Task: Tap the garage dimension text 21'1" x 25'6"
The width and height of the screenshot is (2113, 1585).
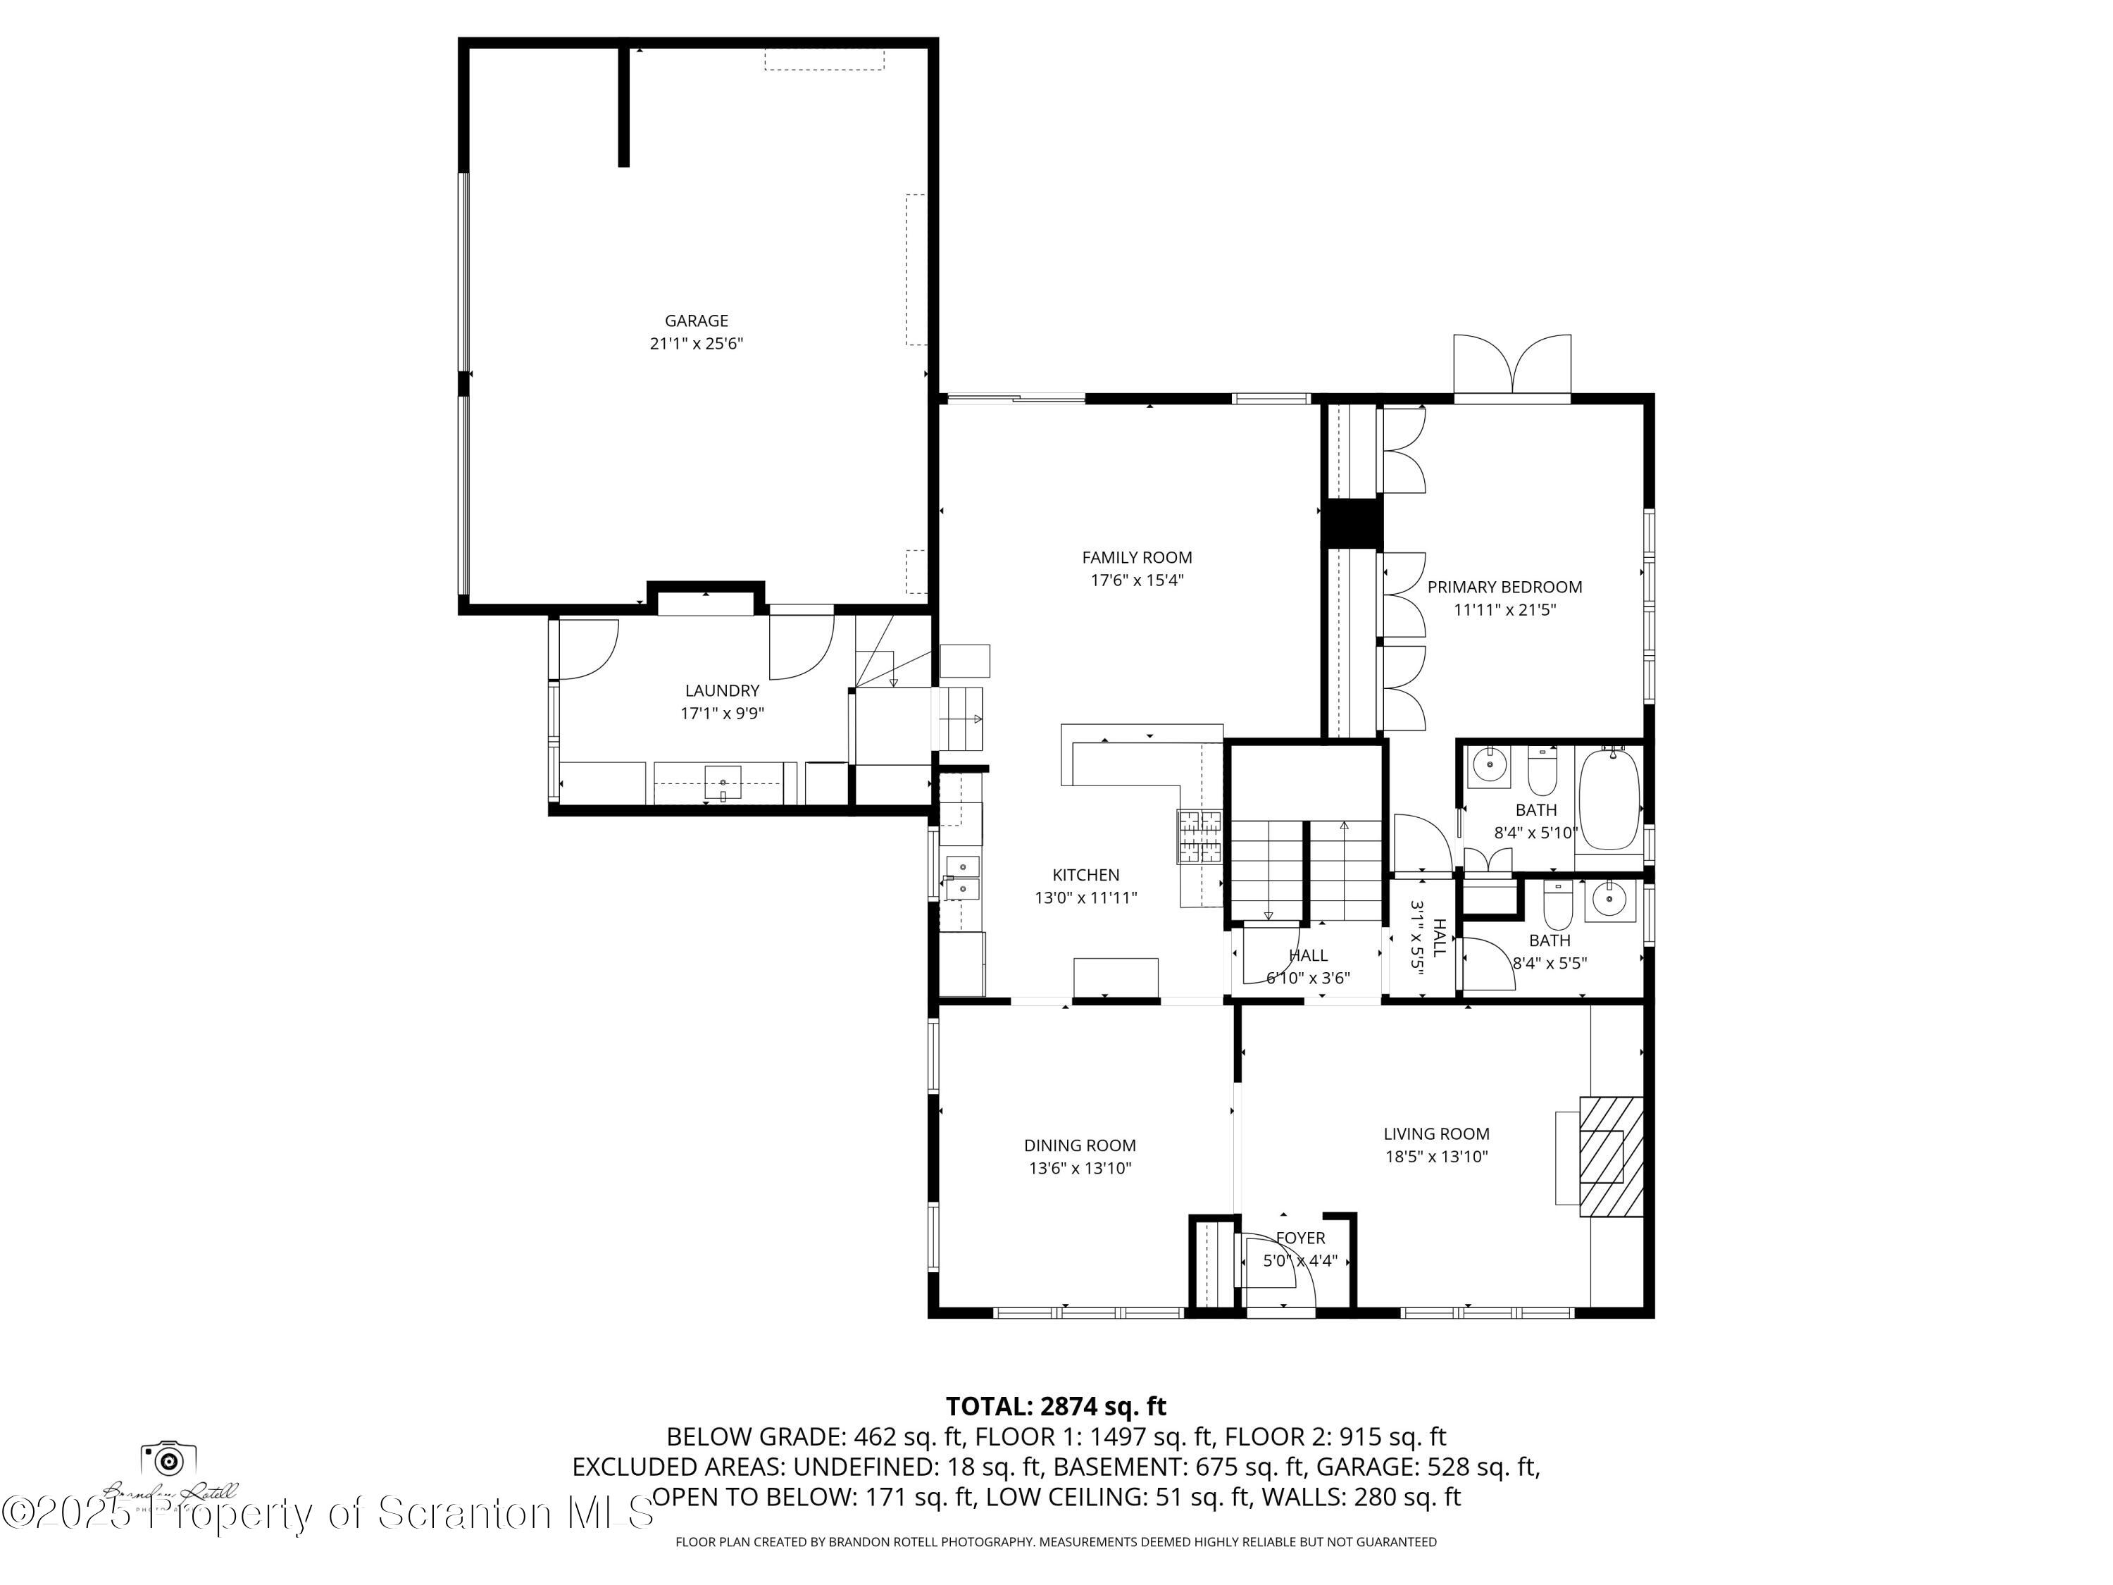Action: (x=697, y=344)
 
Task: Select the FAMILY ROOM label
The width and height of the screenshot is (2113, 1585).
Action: (x=1137, y=557)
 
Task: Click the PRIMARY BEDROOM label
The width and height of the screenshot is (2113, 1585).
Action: (x=1504, y=588)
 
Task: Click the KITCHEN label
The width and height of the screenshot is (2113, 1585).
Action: (x=1085, y=875)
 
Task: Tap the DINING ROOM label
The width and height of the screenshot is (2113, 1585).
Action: (x=1080, y=1145)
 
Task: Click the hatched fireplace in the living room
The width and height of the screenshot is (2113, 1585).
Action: (x=1611, y=1157)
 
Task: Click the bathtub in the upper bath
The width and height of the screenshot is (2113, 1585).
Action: (x=1609, y=800)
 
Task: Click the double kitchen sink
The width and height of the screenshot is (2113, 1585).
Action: (x=962, y=878)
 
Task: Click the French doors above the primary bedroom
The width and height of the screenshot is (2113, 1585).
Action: (x=1511, y=367)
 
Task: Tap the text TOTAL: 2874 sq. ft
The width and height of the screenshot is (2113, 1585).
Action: (x=1056, y=1406)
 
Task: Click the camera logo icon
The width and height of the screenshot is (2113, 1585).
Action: (x=169, y=1460)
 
